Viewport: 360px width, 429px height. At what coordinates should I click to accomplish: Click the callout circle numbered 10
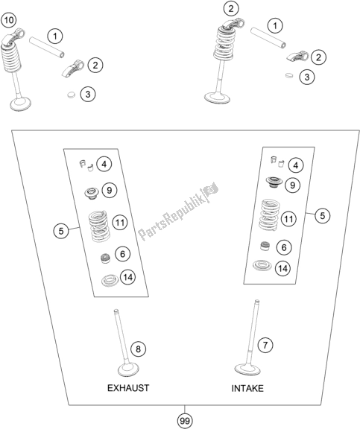click(x=8, y=20)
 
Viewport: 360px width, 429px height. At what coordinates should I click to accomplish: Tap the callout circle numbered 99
click(x=185, y=420)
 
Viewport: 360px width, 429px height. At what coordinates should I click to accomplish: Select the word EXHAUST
click(x=128, y=388)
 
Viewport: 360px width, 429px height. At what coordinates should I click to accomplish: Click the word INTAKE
click(x=247, y=388)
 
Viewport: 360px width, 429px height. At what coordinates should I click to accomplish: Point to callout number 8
click(x=138, y=349)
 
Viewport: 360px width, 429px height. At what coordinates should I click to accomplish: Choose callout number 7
click(x=265, y=345)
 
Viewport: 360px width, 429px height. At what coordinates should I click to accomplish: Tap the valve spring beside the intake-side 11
click(x=270, y=214)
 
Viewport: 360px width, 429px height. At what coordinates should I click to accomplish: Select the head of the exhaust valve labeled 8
click(x=128, y=370)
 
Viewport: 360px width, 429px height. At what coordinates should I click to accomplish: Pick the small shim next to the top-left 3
click(x=71, y=95)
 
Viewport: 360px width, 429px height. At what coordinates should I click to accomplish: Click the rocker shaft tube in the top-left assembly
click(x=47, y=48)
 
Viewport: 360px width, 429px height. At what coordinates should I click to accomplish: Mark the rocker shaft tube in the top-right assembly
click(x=268, y=37)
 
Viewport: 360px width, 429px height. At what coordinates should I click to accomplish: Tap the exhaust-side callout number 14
click(x=128, y=277)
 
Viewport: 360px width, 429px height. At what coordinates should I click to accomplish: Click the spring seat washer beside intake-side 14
click(x=262, y=265)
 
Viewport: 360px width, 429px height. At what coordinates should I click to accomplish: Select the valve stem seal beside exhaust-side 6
click(x=105, y=258)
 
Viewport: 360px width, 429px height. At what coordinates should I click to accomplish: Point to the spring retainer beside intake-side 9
click(x=274, y=182)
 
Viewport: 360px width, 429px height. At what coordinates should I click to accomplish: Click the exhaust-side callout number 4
click(x=104, y=164)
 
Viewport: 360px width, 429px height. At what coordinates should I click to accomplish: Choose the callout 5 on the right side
click(x=323, y=216)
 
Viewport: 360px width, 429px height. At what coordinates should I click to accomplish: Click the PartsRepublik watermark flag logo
click(x=210, y=189)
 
